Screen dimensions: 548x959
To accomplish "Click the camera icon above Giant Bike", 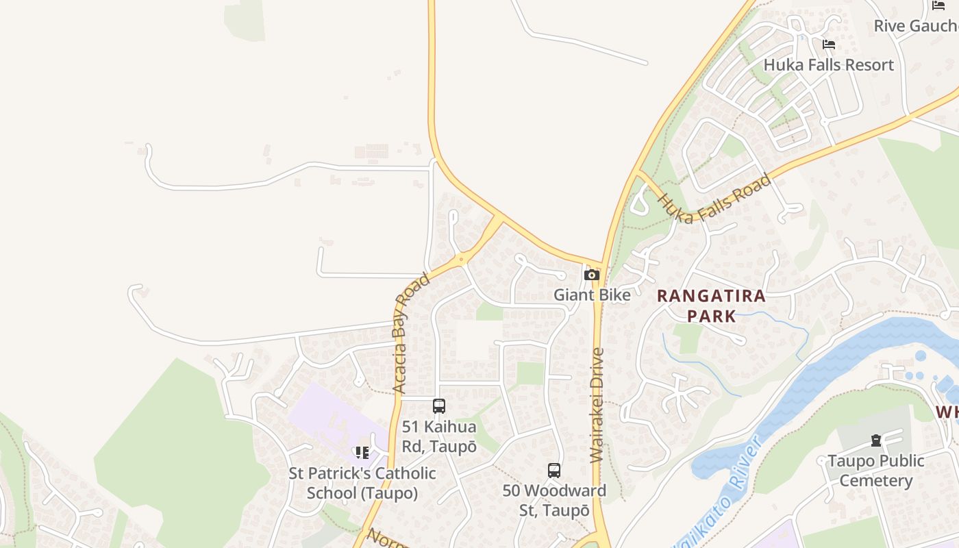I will [592, 275].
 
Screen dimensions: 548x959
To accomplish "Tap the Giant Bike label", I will [592, 295].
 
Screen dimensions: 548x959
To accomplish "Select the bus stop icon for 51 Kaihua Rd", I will [439, 406].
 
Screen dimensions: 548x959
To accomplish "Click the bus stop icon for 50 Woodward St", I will [554, 471].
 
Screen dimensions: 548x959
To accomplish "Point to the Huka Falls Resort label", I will [828, 65].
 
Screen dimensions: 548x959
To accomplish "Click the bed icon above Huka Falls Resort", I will [829, 45].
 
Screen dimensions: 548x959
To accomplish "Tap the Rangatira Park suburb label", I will [711, 306].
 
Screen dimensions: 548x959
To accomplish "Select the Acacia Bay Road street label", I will [411, 333].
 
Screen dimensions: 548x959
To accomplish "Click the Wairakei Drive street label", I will [597, 406].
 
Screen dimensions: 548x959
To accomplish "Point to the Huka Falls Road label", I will [714, 199].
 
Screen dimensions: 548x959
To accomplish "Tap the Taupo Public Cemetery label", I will [875, 471].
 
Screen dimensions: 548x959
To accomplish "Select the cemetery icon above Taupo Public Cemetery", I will [875, 440].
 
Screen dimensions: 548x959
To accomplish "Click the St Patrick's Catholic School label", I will [362, 483].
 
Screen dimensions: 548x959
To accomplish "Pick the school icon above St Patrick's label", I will [362, 453].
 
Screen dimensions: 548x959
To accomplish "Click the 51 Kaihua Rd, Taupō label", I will [439, 436].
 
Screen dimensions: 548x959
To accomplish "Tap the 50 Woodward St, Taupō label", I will [554, 501].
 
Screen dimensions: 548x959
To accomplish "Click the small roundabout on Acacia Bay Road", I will [461, 260].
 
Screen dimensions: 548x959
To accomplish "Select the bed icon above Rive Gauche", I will [938, 5].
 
